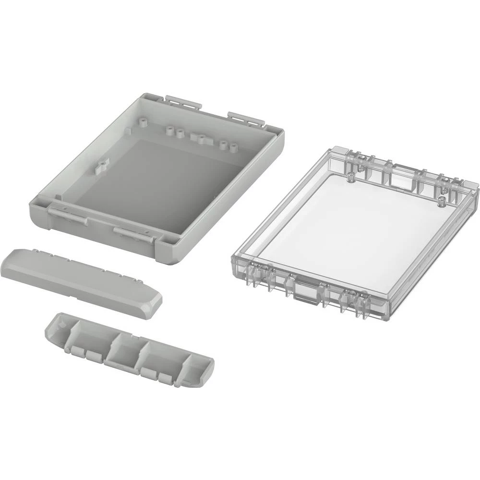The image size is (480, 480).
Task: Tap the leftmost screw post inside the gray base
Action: pos(169,131)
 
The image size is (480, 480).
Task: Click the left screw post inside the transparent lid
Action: pos(351,179)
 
